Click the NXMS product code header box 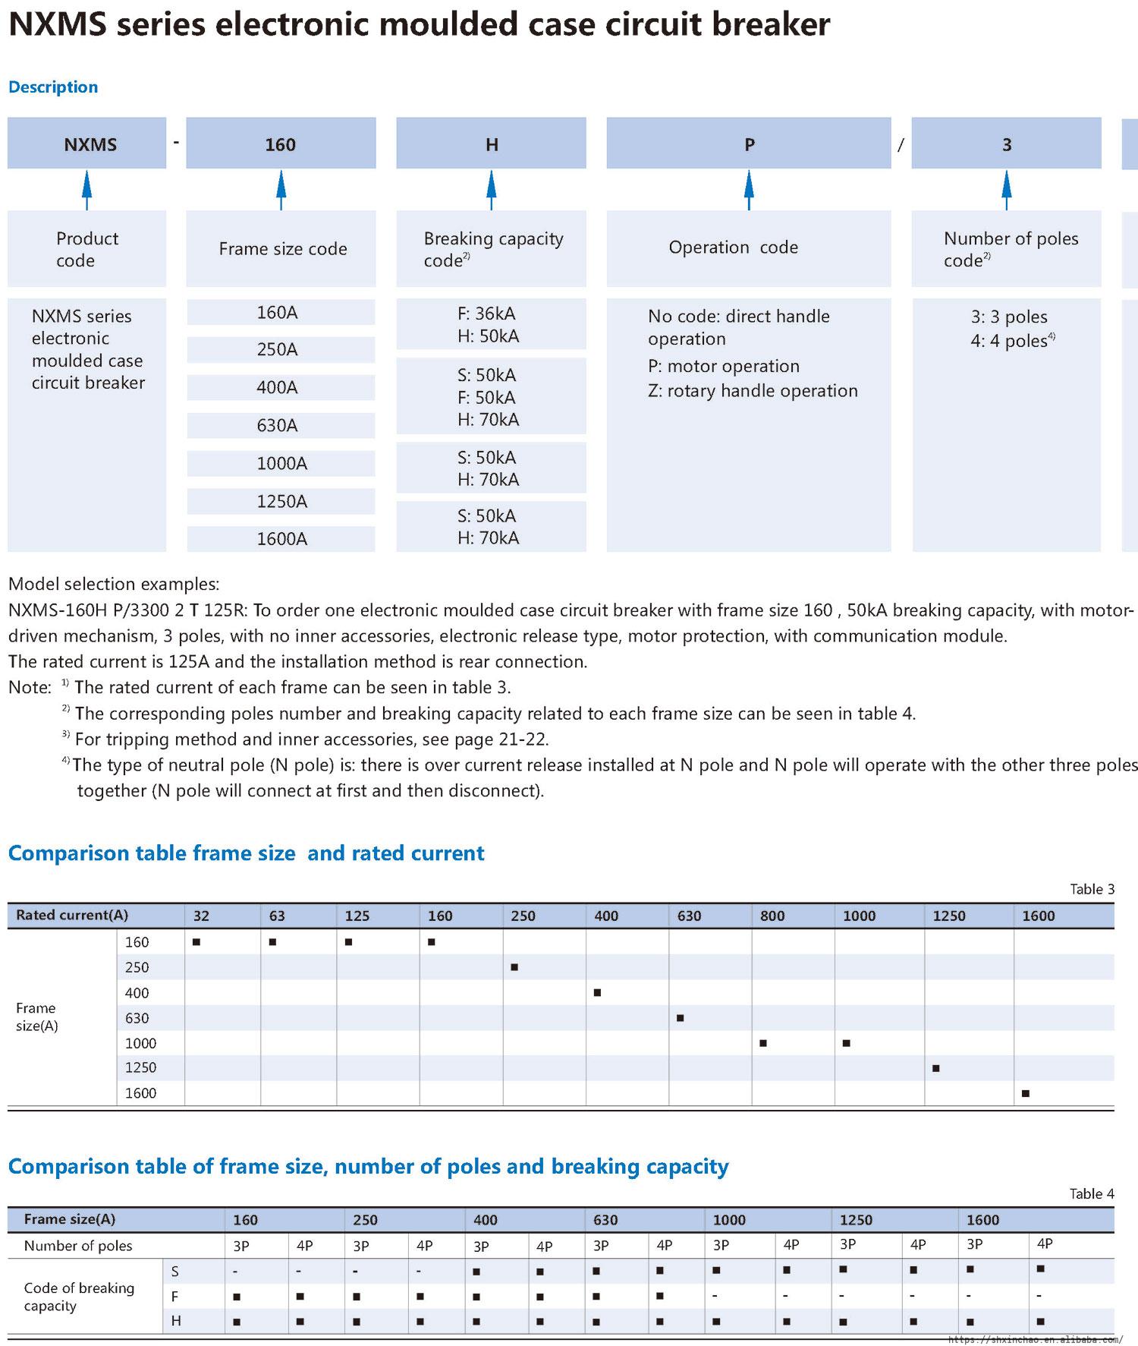tap(86, 143)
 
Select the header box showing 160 tap(281, 143)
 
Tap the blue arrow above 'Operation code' tap(749, 189)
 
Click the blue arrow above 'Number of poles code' tap(1006, 189)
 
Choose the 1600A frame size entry tap(281, 539)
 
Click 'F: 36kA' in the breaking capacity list tap(486, 314)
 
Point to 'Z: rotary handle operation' tap(753, 391)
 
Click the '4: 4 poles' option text tap(1012, 341)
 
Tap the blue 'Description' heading tap(53, 87)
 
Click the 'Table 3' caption tap(1092, 889)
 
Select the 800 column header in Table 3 tap(772, 916)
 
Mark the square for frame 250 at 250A tap(514, 967)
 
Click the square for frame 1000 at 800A tap(763, 1043)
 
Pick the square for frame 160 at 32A tap(196, 942)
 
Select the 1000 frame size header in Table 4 tap(729, 1220)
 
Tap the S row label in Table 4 tap(175, 1272)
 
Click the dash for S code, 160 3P tap(236, 1272)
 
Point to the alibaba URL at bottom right tap(1035, 1340)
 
